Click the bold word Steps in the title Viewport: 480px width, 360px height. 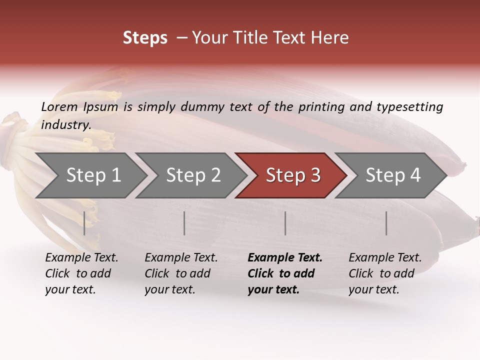(145, 38)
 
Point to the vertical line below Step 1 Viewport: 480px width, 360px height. (84, 223)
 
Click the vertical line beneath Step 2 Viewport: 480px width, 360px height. (184, 223)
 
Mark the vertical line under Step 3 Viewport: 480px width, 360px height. (285, 223)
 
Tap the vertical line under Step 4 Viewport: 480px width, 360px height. (386, 223)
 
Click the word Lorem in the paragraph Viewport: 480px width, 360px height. (59, 107)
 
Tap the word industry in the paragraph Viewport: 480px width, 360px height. (65, 125)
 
